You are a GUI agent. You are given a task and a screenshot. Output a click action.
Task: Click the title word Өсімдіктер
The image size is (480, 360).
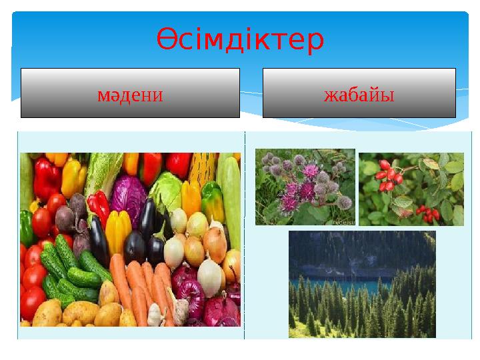pos(241,40)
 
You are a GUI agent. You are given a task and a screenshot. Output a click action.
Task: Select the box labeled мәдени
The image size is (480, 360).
pos(130,93)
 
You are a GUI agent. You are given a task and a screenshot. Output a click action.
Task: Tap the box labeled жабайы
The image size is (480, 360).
pos(359,93)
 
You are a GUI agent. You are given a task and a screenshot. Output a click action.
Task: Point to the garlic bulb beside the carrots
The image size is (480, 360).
pos(155,314)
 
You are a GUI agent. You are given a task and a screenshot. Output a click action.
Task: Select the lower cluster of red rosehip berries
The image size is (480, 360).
pos(427,213)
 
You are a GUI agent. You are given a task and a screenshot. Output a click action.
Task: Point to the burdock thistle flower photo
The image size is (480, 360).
pos(305,187)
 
